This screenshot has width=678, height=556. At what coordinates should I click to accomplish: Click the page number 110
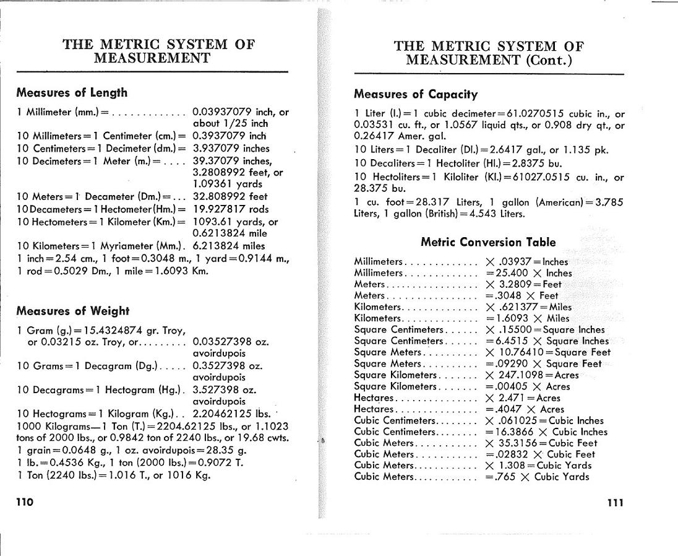point(25,502)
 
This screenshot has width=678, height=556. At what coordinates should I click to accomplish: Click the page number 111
point(615,502)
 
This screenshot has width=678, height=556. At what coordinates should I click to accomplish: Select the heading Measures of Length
point(72,93)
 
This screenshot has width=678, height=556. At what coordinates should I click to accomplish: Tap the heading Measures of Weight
point(72,311)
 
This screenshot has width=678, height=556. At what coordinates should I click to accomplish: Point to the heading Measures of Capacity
point(416,95)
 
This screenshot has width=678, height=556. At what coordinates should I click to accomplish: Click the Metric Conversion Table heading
point(488,242)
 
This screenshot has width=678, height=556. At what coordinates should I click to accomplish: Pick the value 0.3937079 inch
point(230,136)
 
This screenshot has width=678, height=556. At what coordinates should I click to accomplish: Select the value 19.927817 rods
point(231,209)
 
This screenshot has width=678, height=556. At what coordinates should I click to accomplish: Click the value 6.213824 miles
point(229,246)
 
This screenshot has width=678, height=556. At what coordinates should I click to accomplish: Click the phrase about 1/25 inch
point(231,123)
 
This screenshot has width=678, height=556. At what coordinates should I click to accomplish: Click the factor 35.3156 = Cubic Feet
point(541,443)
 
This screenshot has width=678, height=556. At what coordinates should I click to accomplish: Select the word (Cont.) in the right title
point(548,60)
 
